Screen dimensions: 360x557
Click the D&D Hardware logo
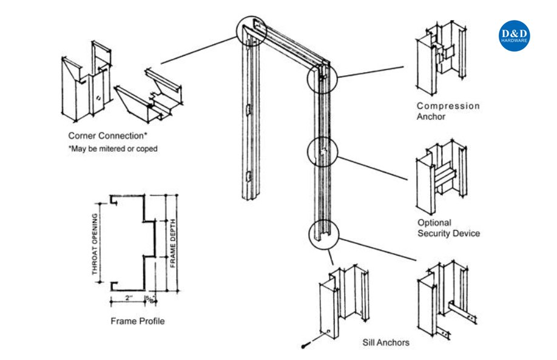(515, 36)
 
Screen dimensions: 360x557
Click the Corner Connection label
(107, 135)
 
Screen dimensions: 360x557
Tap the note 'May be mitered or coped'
(113, 148)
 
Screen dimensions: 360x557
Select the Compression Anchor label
(448, 111)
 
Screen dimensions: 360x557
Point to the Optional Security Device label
(448, 228)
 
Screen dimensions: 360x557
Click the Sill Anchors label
(385, 342)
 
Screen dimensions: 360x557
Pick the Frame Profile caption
(137, 321)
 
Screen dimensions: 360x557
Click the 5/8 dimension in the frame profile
(149, 299)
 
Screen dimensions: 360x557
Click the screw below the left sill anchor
(305, 345)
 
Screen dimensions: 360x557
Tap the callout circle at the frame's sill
(322, 234)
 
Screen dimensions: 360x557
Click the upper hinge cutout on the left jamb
(248, 110)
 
